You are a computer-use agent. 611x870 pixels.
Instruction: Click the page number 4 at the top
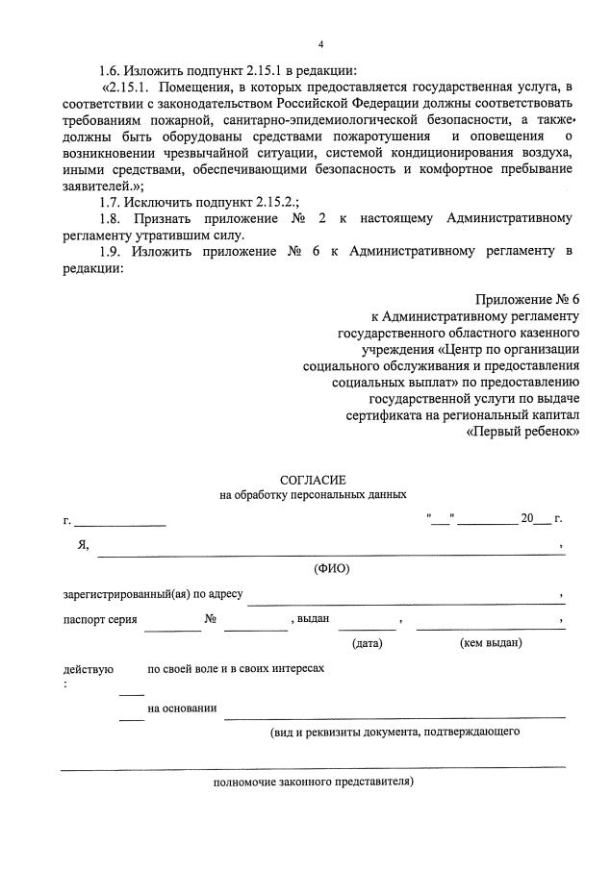(320, 43)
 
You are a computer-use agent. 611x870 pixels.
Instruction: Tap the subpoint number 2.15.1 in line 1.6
(255, 70)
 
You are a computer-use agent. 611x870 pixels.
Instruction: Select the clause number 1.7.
(112, 200)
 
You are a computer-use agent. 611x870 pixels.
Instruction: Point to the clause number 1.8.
(112, 218)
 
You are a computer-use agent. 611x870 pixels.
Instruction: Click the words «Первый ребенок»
(522, 432)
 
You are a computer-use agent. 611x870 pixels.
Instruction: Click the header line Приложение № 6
(527, 300)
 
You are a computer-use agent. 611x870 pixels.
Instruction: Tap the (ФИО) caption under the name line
(332, 568)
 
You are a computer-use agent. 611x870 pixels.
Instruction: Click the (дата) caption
(368, 642)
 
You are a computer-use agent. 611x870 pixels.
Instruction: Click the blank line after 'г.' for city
(120, 524)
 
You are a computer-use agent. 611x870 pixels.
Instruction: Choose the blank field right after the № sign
(255, 627)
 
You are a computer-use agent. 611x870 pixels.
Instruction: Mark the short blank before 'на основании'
(131, 716)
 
